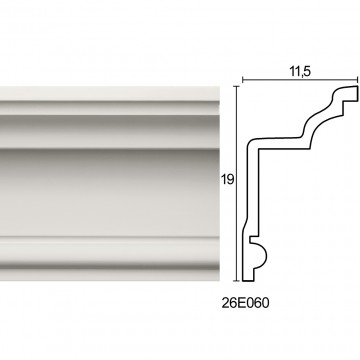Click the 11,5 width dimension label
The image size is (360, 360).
(x=300, y=72)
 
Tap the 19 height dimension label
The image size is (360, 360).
(x=227, y=180)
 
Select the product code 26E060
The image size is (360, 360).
(x=245, y=303)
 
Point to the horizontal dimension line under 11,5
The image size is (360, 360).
(x=300, y=80)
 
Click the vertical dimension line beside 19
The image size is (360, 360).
(x=237, y=183)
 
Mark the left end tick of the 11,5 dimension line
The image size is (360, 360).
(x=242, y=80)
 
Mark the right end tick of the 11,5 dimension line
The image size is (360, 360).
(x=358, y=80)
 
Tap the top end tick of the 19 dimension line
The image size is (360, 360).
(x=237, y=86)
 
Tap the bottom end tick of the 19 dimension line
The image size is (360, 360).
(x=237, y=281)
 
